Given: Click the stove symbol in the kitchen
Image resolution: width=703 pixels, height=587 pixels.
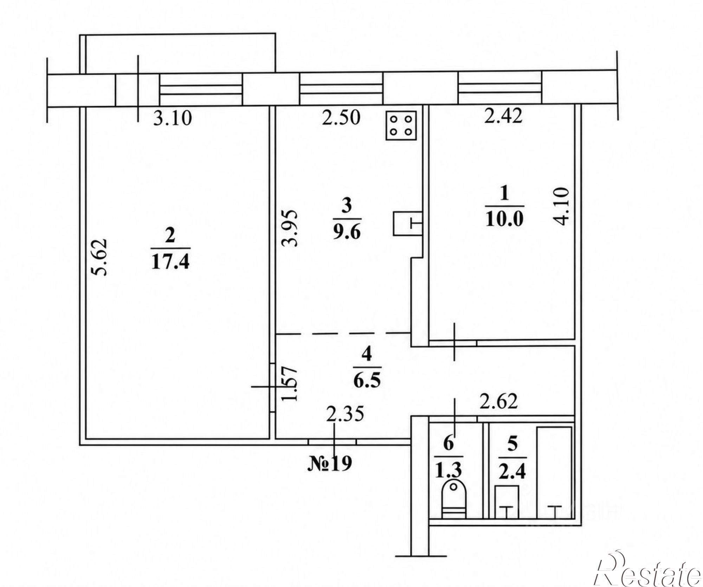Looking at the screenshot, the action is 401,126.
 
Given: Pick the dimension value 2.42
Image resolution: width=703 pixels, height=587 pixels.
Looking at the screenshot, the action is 503,116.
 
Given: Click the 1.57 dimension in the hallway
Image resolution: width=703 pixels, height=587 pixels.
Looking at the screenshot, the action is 291,384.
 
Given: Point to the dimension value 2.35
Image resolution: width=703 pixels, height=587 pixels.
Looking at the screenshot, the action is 345,414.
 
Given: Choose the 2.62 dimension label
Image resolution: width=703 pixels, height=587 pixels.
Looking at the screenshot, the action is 499,401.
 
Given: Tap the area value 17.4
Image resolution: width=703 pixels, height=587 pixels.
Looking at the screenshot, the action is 170,262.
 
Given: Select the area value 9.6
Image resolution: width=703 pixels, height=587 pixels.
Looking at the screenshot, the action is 347,232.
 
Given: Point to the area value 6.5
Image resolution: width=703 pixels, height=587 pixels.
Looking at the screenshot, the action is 367,380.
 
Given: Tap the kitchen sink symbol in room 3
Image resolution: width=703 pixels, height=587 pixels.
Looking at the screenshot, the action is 408,224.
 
